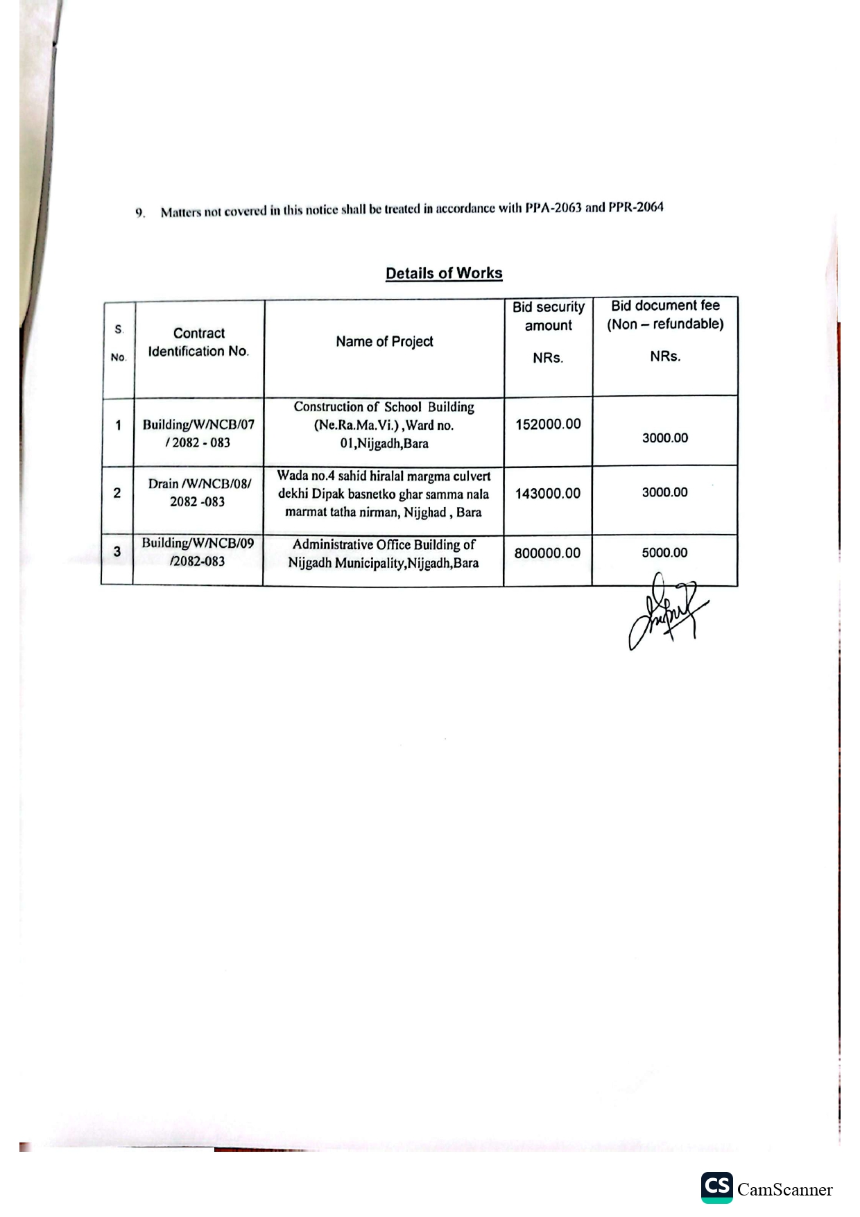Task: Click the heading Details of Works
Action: (444, 273)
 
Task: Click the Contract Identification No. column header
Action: (198, 342)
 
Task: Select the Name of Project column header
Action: (384, 341)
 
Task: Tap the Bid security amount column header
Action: (549, 316)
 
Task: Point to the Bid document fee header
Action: (665, 315)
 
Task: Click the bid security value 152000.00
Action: (548, 424)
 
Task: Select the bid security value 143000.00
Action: (548, 494)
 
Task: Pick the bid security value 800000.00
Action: (547, 553)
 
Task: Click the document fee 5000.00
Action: (664, 553)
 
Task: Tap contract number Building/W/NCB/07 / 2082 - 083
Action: (198, 433)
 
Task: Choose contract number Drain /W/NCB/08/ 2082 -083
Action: (198, 492)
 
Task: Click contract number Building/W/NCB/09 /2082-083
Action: (198, 552)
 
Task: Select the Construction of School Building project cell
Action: (384, 425)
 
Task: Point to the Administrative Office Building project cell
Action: (384, 553)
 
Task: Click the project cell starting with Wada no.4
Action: (384, 494)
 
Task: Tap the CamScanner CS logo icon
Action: (716, 1187)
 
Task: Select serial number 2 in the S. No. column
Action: (117, 493)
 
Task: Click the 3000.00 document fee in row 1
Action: (664, 438)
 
